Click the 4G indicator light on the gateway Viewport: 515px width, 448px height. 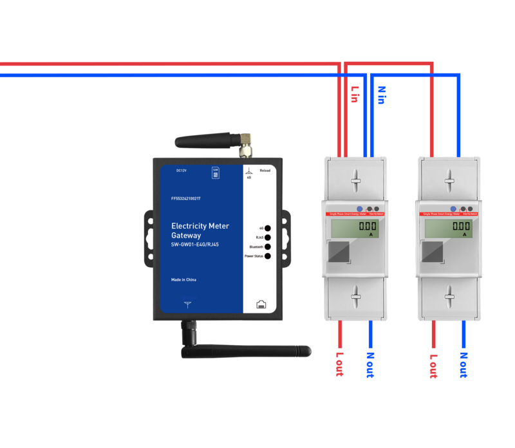pyautogui.click(x=268, y=228)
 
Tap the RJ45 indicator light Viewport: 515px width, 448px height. pyautogui.click(x=268, y=238)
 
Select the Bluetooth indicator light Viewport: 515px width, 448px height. pyautogui.click(x=268, y=247)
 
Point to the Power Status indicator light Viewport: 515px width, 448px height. pyautogui.click(x=268, y=256)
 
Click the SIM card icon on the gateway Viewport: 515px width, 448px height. pyautogui.click(x=215, y=173)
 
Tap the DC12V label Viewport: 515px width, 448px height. pyautogui.click(x=182, y=171)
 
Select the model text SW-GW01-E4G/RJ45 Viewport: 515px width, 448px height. pyautogui.click(x=196, y=245)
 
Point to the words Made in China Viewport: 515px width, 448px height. pyautogui.click(x=183, y=280)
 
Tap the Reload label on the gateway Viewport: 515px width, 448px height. pyautogui.click(x=265, y=171)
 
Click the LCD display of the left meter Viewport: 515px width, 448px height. pyautogui.click(x=355, y=228)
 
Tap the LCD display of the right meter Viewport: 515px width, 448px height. pyautogui.click(x=448, y=228)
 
